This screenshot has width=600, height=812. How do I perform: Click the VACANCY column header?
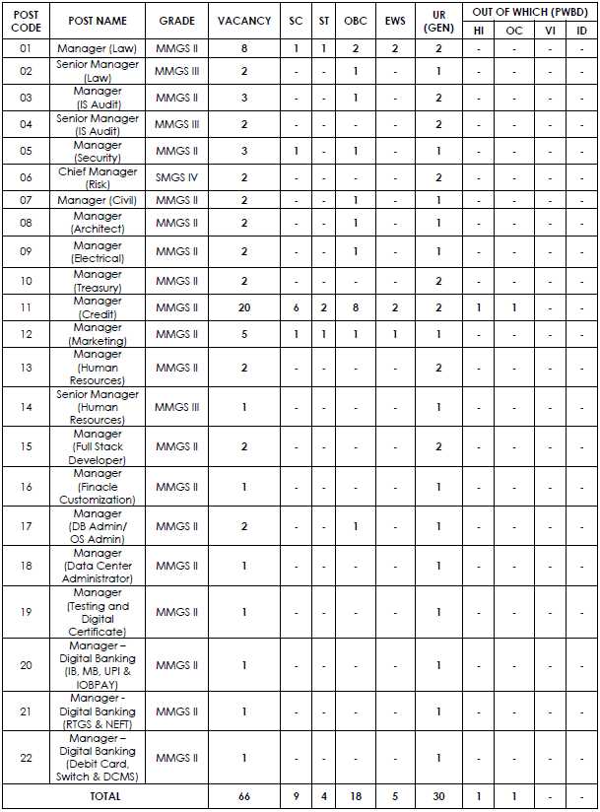pos(243,21)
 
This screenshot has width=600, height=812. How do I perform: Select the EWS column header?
pos(394,21)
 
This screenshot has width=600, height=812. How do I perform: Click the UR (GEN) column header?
pos(438,21)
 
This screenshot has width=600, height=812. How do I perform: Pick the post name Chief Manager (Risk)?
pos(98,177)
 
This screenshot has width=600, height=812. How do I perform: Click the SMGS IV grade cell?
pos(177,177)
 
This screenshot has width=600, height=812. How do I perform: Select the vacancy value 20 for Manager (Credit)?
pos(243,307)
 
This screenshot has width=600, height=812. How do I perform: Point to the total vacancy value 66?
pos(243,796)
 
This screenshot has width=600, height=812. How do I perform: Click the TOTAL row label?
pos(104,796)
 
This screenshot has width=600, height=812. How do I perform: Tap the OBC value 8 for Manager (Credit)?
pos(355,307)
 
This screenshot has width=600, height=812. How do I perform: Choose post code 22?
pos(26,758)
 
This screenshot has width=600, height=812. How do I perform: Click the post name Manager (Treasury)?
pos(98,281)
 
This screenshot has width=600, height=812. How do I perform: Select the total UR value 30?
pos(438,796)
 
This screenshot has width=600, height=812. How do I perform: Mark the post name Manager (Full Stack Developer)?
pos(98,446)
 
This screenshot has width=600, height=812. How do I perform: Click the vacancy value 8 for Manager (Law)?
pos(243,48)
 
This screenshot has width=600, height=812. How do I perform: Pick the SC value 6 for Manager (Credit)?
pos(296,307)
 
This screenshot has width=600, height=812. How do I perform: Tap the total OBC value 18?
pos(355,796)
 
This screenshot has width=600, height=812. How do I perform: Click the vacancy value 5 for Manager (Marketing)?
pos(243,334)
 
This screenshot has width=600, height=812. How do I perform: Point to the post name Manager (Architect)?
pos(98,223)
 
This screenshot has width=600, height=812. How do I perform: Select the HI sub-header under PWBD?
pos(478,31)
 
